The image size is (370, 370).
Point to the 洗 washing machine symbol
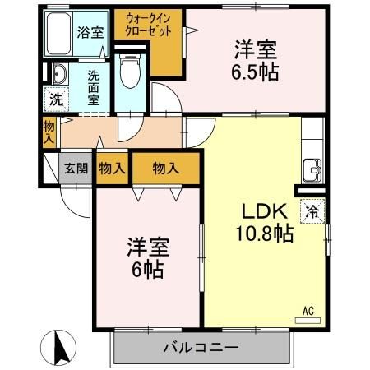tap(54, 100)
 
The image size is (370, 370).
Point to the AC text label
tap(308, 310)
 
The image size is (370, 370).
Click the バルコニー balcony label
tap(200, 347)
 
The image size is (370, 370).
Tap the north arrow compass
tap(59, 347)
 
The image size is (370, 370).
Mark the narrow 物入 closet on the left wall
tap(49, 132)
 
